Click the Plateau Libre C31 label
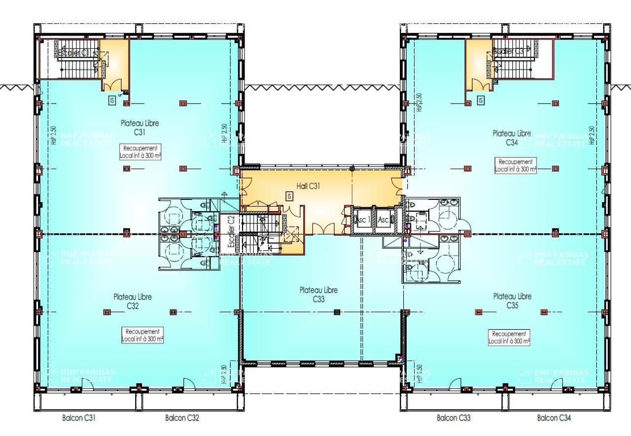coord(140,128)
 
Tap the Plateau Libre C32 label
coord(133,301)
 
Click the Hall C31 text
coord(309,186)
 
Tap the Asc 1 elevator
coord(362,220)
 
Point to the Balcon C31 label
coord(79,418)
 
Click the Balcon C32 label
coord(182,418)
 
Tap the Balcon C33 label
coord(454,418)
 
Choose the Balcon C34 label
coord(554,418)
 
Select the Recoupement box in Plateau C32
coord(142,335)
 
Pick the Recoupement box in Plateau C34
coord(516,165)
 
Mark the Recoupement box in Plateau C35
coord(509,337)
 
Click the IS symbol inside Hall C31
coord(289,196)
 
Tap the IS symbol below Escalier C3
coord(481,100)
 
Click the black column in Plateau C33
coord(337,312)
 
